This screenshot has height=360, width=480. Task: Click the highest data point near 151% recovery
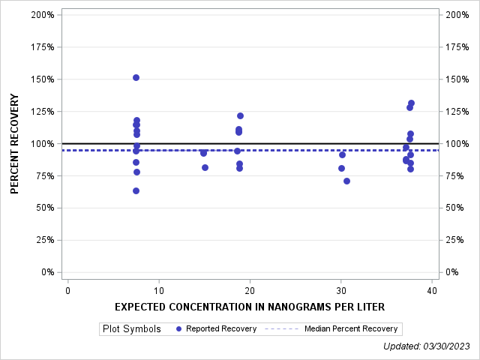[136, 77]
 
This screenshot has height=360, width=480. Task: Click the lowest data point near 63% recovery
[136, 190]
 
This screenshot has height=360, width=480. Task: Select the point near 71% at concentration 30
[346, 181]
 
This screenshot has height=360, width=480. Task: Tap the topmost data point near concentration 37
[411, 103]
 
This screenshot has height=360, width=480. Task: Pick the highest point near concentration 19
[240, 115]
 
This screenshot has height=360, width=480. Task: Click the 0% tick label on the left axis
[46, 272]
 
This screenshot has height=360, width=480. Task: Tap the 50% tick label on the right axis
[454, 208]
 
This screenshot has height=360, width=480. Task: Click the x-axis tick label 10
[158, 291]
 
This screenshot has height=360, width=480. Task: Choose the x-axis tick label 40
[431, 291]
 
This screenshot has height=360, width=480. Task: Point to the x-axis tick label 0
[67, 291]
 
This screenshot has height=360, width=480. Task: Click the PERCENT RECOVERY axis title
[15, 143]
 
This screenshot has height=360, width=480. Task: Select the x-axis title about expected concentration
[250, 307]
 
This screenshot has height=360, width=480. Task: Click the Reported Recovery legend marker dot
[178, 328]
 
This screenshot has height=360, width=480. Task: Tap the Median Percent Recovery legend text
[352, 328]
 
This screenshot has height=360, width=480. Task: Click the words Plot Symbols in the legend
[131, 328]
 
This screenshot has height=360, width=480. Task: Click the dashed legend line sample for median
[283, 328]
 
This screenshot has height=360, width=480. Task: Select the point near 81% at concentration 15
[205, 167]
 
